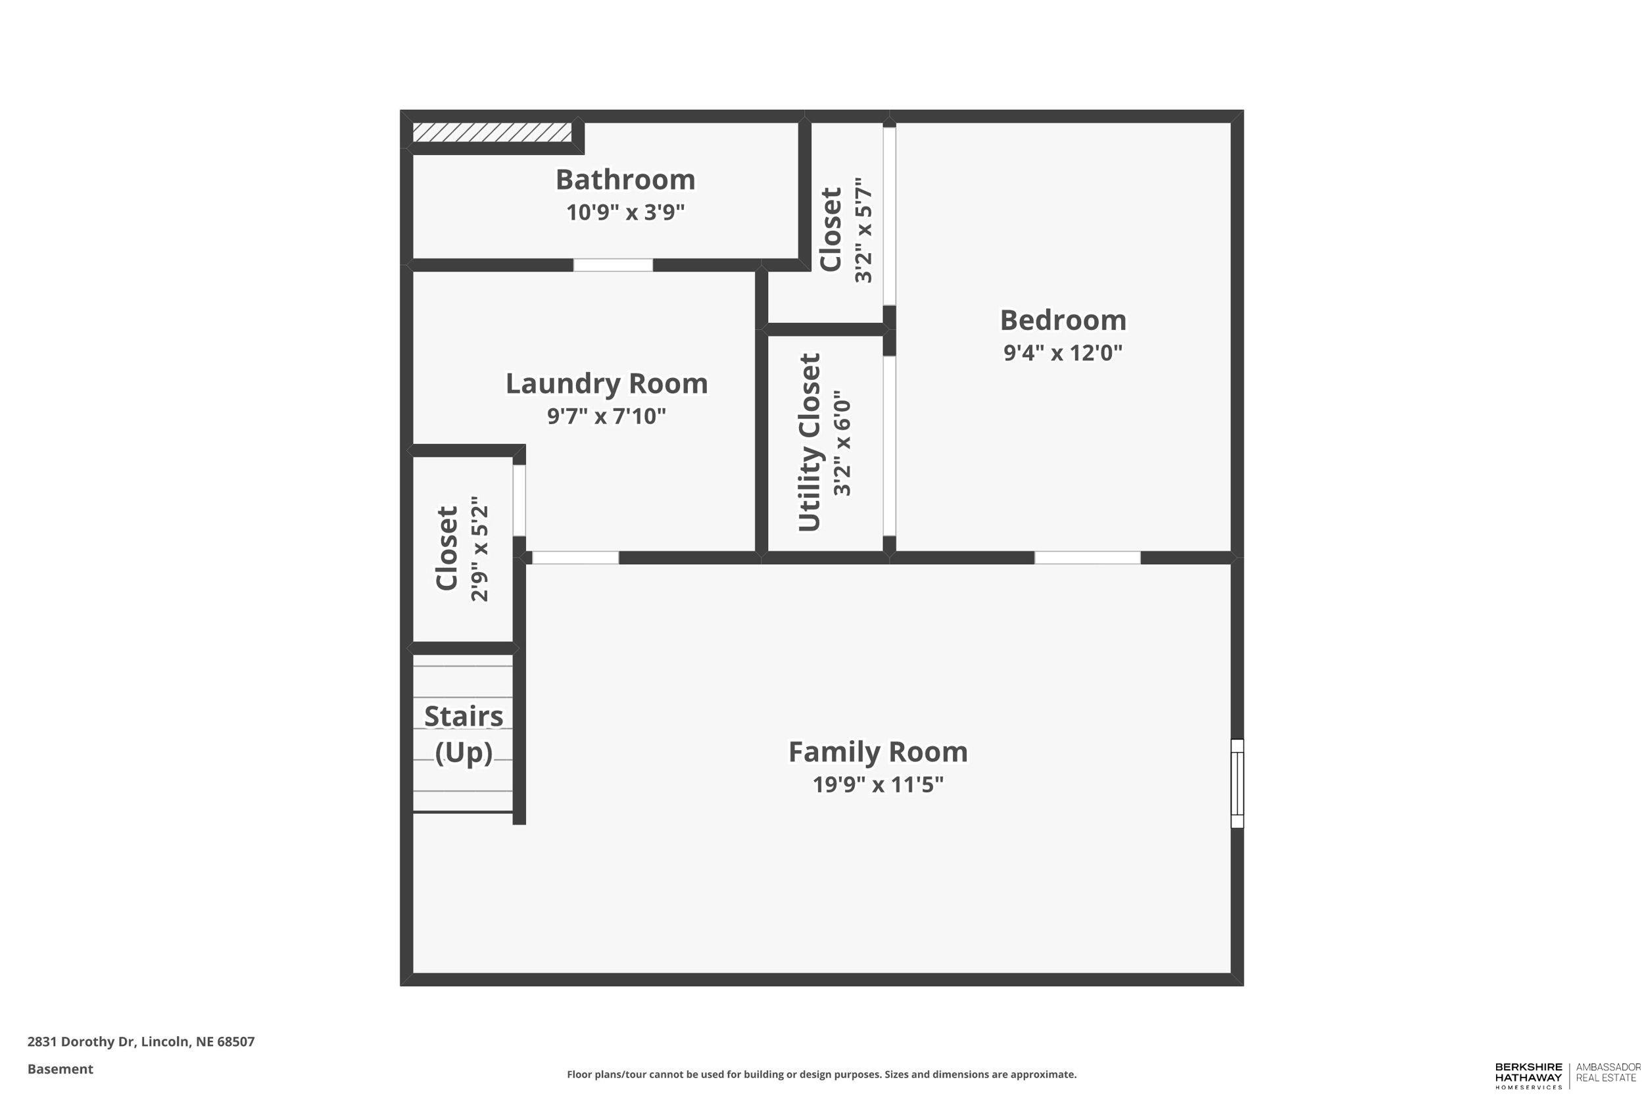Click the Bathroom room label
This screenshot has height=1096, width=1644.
(625, 180)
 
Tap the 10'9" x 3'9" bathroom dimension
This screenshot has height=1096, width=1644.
(625, 212)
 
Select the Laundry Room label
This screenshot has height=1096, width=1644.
(606, 384)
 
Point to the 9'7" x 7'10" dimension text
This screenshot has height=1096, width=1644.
(606, 417)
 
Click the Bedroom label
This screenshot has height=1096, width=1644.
(1063, 321)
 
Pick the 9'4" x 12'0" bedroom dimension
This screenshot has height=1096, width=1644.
(1063, 353)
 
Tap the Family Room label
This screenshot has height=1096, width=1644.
(878, 752)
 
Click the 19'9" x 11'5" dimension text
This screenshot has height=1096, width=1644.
(878, 785)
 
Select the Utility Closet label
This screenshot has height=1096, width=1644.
(809, 442)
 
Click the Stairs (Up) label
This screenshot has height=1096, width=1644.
(464, 734)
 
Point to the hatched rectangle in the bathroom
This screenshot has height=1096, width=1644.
(491, 132)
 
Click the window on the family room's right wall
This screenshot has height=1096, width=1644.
(1236, 784)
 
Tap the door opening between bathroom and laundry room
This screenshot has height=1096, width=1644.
(613, 265)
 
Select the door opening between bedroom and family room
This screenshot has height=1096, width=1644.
(1087, 558)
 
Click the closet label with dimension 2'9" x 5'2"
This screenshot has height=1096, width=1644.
(447, 549)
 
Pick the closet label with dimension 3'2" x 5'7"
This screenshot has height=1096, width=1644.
(831, 229)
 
